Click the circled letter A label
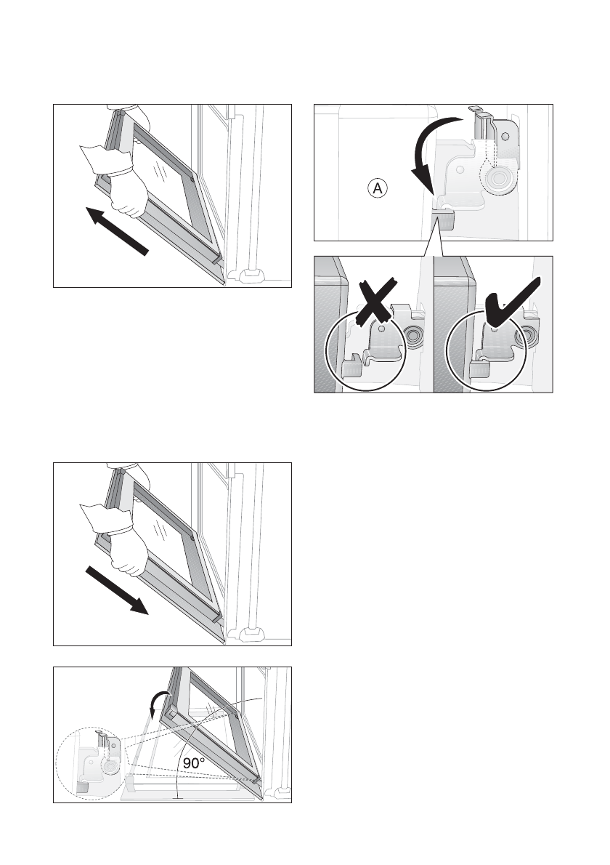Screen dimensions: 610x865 (378, 189)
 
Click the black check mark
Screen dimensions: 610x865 (508, 299)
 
